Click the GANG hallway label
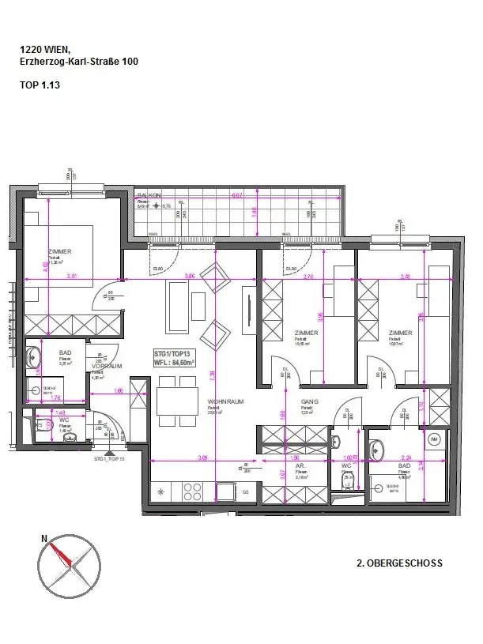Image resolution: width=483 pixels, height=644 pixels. click(308, 401)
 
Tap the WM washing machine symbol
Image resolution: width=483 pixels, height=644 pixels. click(433, 439)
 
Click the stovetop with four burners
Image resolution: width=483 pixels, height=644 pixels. click(169, 491)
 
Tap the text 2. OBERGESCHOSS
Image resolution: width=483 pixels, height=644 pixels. click(399, 564)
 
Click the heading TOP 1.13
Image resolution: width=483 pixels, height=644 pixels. click(40, 81)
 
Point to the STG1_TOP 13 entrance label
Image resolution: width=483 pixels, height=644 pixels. click(110, 458)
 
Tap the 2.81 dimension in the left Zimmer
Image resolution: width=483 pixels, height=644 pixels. click(72, 276)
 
